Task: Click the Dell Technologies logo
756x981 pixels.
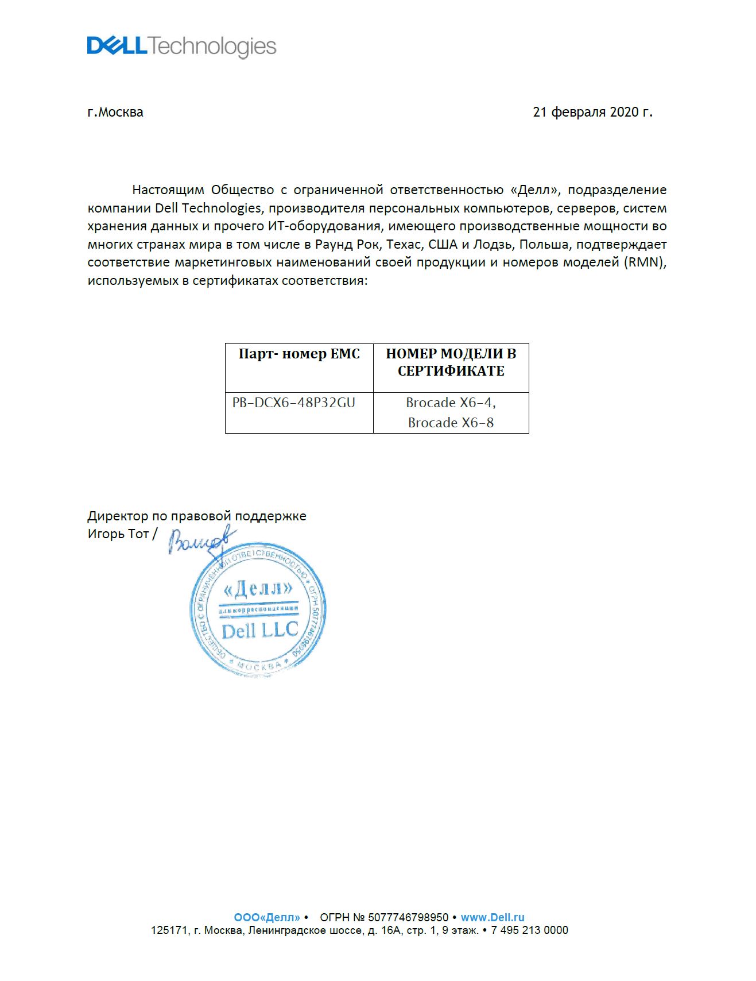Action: pos(181,47)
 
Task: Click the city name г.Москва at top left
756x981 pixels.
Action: pos(115,112)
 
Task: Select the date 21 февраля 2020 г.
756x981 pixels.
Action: pos(592,112)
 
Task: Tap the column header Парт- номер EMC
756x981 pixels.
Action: pos(299,354)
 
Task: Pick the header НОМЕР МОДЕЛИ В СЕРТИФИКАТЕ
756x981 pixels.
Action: pos(451,362)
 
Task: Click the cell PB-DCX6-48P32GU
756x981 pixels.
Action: pos(293,403)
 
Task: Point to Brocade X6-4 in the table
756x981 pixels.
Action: pos(451,403)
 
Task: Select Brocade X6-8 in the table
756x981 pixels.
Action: pos(451,423)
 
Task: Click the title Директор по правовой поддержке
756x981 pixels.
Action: pos(197,516)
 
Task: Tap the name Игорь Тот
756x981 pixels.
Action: pos(118,534)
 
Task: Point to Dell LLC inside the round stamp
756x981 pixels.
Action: pos(259,631)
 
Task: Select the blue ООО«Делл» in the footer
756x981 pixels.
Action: pos(266,917)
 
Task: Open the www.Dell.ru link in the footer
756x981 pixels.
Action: pos(493,917)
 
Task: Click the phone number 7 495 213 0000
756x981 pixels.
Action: pos(529,930)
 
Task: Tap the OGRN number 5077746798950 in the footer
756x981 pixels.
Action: pos(408,917)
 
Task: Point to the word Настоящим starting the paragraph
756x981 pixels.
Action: pos(168,190)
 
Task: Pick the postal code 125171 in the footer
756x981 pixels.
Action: pos(169,930)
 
